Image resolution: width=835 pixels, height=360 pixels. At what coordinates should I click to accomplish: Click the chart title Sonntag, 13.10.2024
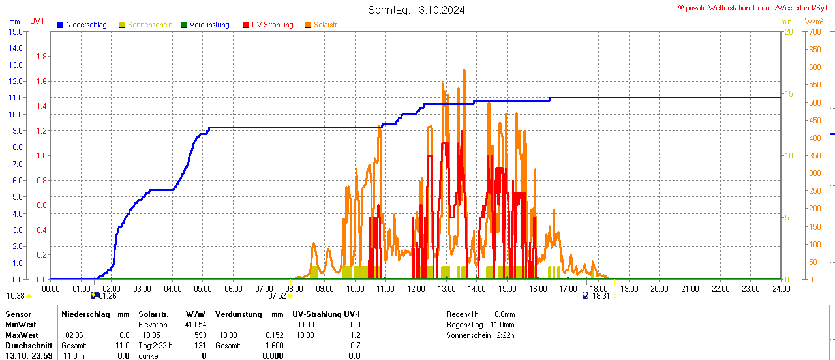coord(416,10)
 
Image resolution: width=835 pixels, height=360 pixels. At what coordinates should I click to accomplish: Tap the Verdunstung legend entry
coord(209,25)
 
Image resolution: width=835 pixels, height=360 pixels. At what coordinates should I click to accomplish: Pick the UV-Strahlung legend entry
coord(272,25)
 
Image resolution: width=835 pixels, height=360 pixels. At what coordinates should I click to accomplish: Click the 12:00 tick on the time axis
coord(416,288)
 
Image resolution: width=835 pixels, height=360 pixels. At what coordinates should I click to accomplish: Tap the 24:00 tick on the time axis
coord(781,288)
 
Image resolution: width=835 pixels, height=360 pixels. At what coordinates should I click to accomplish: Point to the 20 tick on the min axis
coord(789,31)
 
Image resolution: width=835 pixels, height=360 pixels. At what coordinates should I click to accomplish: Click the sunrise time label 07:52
coord(277,295)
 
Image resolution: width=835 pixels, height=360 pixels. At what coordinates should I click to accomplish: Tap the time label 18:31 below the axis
coord(601,295)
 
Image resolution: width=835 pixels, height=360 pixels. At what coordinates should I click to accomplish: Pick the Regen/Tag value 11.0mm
coord(502,324)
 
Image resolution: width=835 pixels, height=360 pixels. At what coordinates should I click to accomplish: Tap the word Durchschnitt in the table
coord(29,345)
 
